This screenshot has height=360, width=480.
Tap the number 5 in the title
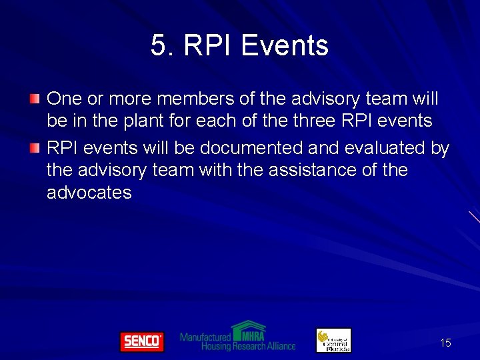click(x=158, y=46)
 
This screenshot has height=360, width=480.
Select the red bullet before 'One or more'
click(x=35, y=99)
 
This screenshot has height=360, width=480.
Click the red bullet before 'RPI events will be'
click(x=35, y=147)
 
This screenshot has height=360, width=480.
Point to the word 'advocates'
click(x=89, y=193)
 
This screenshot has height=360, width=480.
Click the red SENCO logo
click(x=141, y=341)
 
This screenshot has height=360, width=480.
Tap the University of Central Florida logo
click(x=333, y=340)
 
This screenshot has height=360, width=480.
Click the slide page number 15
click(x=445, y=343)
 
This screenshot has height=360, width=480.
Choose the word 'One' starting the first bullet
click(x=64, y=99)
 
